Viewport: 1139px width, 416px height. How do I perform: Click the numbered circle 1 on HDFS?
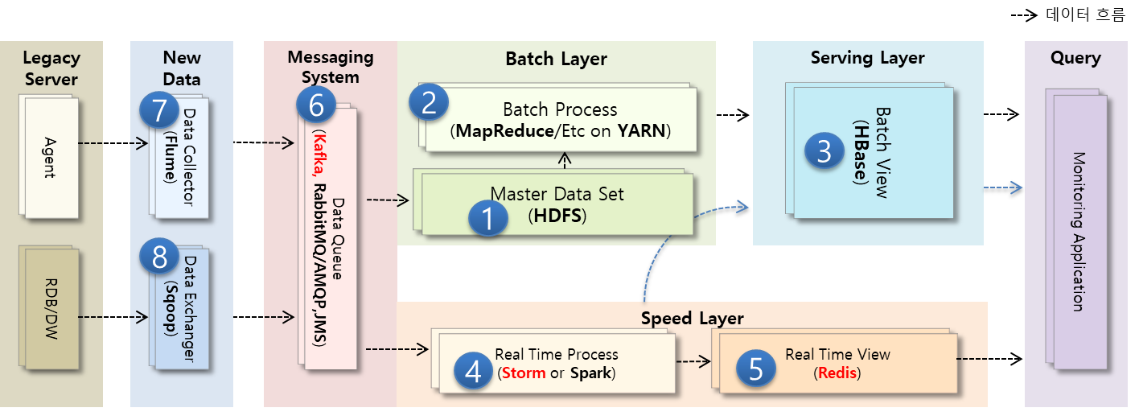(x=488, y=218)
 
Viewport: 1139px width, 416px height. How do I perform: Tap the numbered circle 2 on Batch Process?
(x=429, y=101)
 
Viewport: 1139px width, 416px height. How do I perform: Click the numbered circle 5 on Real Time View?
(x=755, y=367)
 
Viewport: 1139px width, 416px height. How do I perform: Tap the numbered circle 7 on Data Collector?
(x=159, y=109)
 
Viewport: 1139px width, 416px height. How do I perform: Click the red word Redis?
(x=838, y=373)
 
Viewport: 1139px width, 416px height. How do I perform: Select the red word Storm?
(x=524, y=373)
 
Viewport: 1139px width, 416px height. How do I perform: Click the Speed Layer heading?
(x=692, y=319)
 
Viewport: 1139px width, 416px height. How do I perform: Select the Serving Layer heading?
(x=867, y=58)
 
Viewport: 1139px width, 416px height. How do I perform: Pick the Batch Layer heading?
(x=556, y=59)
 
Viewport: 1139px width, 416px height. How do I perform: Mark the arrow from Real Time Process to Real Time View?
(x=691, y=362)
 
